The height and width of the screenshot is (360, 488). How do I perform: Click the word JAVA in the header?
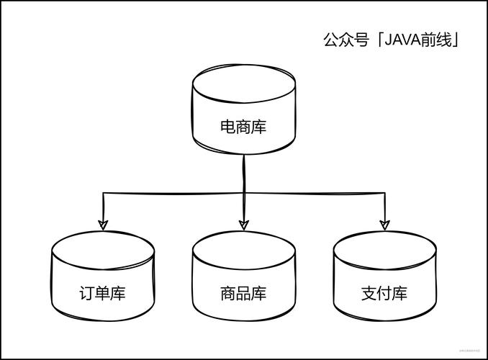click(x=405, y=40)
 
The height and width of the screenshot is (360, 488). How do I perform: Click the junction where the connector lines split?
click(x=244, y=193)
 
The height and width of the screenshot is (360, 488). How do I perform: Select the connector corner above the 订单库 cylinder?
click(x=104, y=193)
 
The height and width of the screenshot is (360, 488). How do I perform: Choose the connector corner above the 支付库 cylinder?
click(x=384, y=193)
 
